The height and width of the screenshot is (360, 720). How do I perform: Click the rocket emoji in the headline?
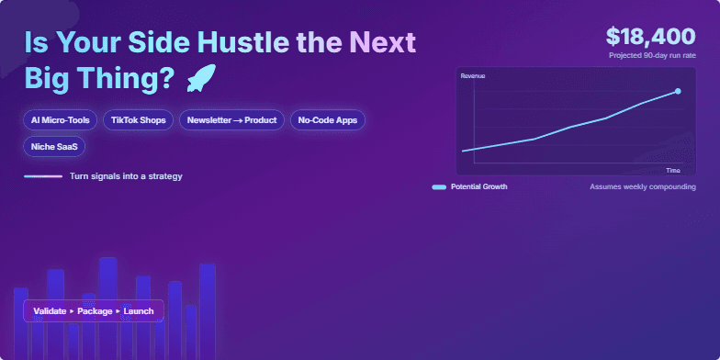click(200, 80)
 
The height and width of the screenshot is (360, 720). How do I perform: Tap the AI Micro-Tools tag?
click(60, 120)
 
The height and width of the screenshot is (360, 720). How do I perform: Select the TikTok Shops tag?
click(138, 120)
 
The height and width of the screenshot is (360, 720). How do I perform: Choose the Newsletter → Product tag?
click(231, 120)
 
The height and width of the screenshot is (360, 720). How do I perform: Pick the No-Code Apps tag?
click(328, 120)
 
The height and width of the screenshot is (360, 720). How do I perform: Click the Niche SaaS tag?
click(54, 145)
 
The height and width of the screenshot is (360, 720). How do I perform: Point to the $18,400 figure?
click(650, 36)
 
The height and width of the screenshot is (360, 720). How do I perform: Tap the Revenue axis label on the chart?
click(473, 75)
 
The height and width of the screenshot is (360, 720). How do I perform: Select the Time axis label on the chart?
click(672, 170)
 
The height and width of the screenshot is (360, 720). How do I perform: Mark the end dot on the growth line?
click(678, 91)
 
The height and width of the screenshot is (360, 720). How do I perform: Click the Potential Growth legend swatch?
click(439, 186)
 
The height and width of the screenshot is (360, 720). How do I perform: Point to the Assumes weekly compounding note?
click(642, 186)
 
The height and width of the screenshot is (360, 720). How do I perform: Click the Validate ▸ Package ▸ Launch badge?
click(93, 311)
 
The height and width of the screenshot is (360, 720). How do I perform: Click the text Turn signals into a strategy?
click(126, 176)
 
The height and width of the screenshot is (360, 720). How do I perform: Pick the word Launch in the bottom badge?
click(139, 311)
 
